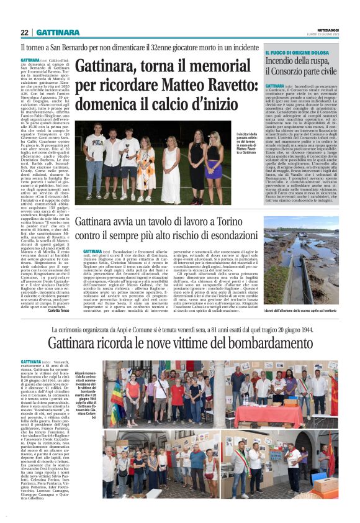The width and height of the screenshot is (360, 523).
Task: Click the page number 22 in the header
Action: [25, 32]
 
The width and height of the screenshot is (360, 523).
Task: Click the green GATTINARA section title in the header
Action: [56, 32]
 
